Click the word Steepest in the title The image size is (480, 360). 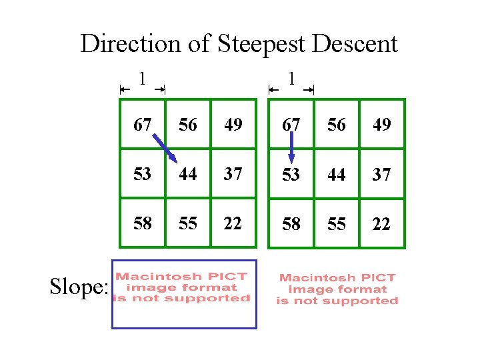(x=260, y=44)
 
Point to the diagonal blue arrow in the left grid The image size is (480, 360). (x=163, y=148)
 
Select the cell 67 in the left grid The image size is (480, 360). (x=142, y=125)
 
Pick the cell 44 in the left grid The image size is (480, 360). (x=188, y=174)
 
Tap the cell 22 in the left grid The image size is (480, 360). (x=233, y=223)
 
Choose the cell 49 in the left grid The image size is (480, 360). (x=233, y=125)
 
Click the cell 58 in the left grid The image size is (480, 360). (x=142, y=223)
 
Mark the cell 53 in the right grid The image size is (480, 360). (x=291, y=174)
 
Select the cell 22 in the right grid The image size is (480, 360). (x=381, y=223)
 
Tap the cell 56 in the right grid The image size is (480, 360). (x=337, y=125)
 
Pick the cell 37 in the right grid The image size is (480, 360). (x=381, y=174)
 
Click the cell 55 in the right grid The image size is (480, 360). (x=337, y=223)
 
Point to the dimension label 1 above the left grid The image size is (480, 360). (x=142, y=79)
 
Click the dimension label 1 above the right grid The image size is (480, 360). (x=291, y=79)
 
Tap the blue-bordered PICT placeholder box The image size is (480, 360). (x=184, y=294)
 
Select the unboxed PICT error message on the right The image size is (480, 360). (x=337, y=289)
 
